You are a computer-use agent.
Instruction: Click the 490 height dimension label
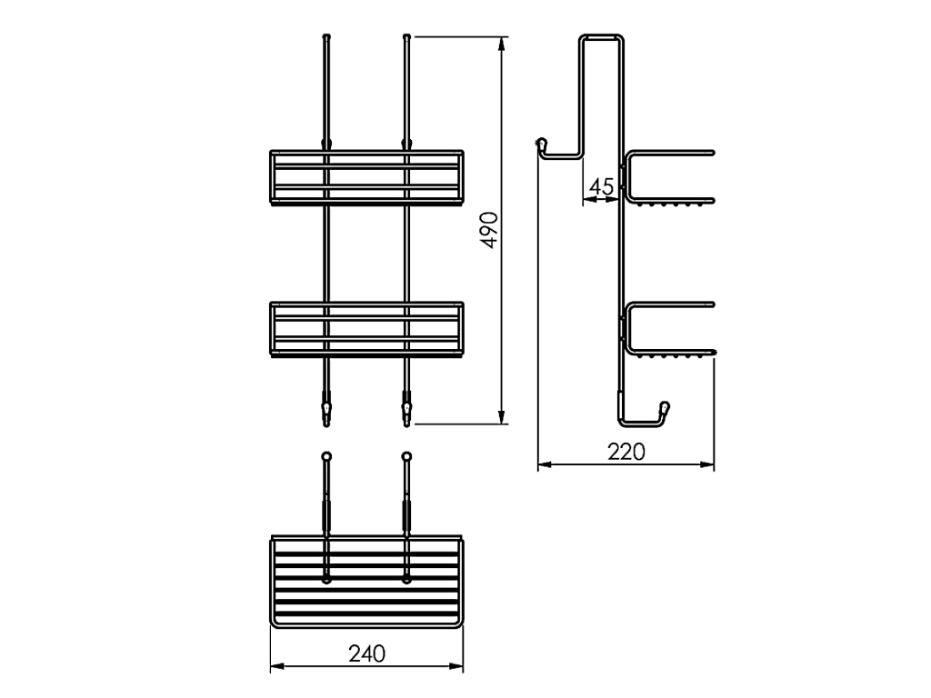point(490,230)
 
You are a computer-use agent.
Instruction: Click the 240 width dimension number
point(367,653)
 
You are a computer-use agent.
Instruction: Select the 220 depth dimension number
point(626,453)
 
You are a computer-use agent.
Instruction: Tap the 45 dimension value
point(601,187)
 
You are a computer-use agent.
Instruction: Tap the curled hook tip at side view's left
point(542,143)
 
